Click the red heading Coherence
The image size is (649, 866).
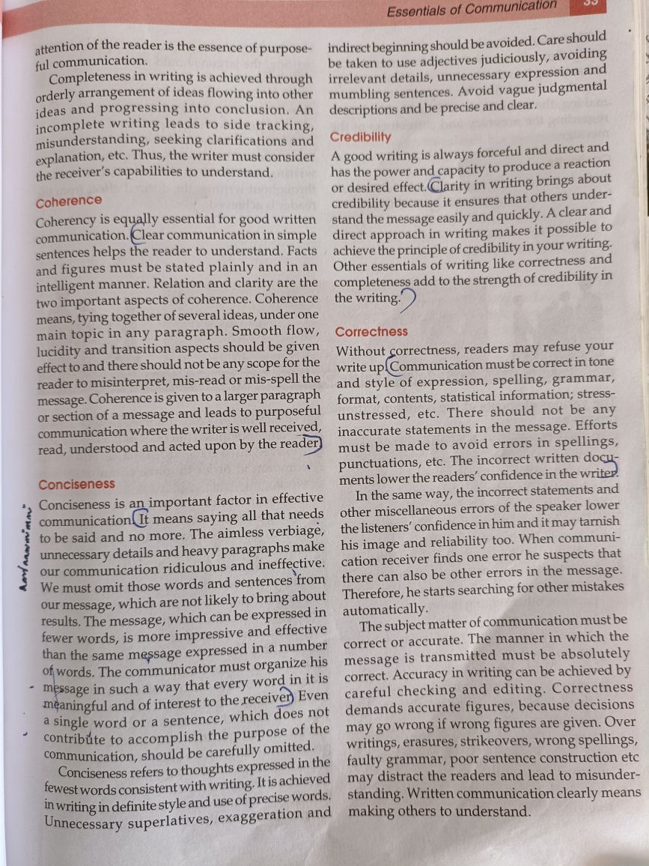point(69,201)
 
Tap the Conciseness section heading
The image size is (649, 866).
point(76,485)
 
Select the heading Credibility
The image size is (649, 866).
point(360,137)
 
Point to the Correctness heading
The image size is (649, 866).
point(371,331)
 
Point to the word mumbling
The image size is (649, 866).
point(358,94)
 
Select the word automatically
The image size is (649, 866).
point(384,608)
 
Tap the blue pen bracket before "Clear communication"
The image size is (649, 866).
point(135,234)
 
